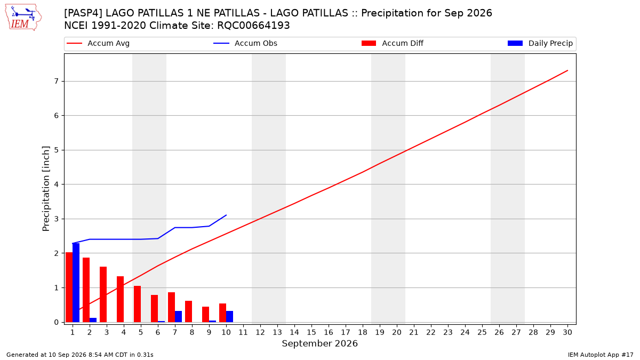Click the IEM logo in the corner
23,18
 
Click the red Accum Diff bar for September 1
69,287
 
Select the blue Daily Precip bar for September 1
76,283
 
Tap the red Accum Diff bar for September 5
138,304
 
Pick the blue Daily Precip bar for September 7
178,317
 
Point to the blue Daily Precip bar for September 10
230,317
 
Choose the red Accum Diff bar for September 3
103,294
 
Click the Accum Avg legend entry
98,43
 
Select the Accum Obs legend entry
245,43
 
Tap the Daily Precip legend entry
540,43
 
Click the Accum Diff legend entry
393,43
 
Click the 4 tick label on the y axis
57,185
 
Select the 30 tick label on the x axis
567,332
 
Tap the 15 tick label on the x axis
311,332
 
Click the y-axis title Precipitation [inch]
46,189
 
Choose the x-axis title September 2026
319,343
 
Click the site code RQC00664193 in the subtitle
253,26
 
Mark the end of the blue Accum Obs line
226,215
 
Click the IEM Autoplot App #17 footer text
601,355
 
